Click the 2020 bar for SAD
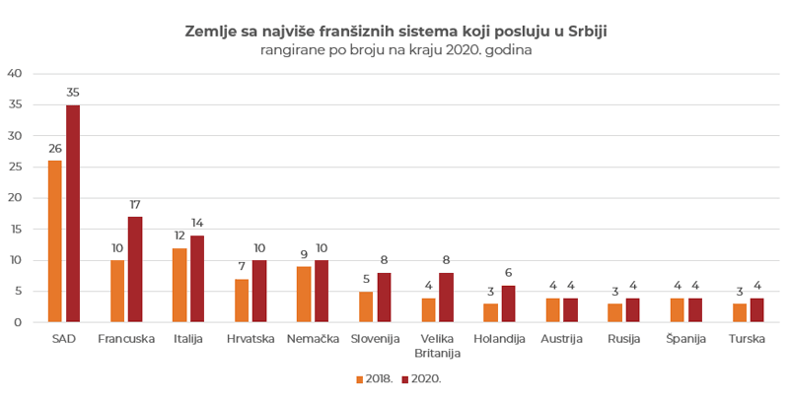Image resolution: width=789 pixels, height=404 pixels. click(73, 214)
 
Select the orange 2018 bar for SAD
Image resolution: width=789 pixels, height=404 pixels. click(55, 241)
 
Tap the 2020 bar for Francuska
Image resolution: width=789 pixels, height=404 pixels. click(135, 269)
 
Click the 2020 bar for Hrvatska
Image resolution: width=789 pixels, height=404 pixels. click(259, 291)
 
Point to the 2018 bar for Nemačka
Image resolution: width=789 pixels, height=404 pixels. click(304, 294)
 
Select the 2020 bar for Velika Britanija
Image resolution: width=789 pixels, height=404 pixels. click(446, 298)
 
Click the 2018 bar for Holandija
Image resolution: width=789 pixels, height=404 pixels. click(490, 312)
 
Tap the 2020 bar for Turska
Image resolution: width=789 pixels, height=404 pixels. click(757, 309)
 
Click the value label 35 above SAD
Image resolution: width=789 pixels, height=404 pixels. click(73, 93)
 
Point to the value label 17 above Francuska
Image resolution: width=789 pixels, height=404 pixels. click(135, 205)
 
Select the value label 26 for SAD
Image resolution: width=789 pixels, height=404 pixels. click(55, 149)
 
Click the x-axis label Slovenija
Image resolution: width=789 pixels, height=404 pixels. click(375, 339)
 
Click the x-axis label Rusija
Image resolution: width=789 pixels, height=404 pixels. click(623, 339)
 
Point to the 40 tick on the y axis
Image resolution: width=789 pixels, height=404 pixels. click(14, 73)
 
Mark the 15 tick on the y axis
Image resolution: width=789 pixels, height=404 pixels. click(14, 229)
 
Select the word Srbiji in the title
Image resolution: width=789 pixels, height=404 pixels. click(588, 32)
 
